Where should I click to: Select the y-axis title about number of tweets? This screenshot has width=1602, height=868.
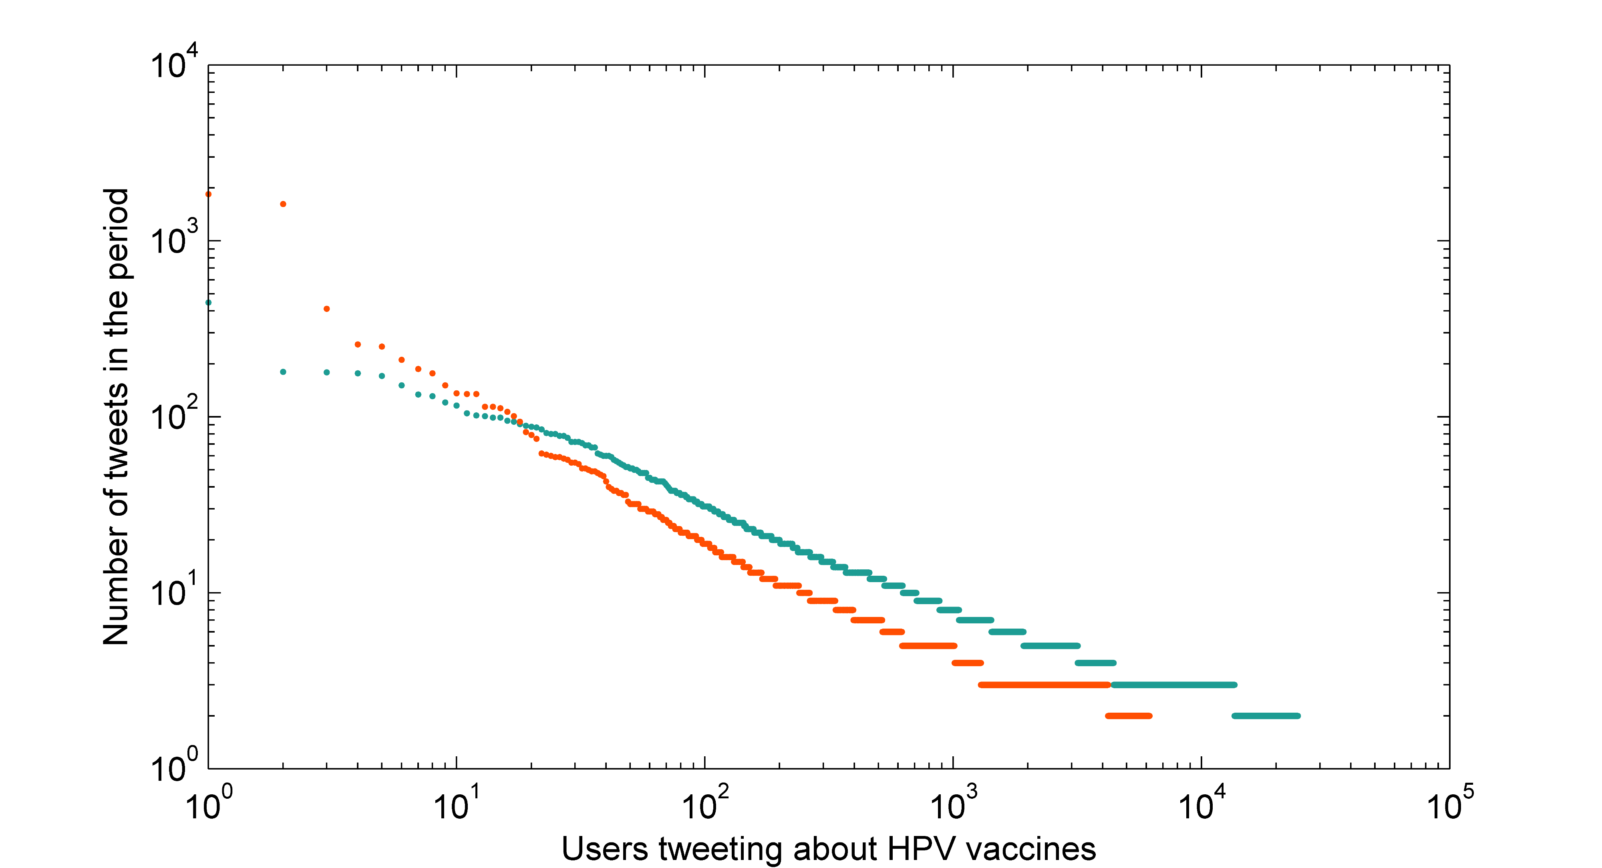(116, 417)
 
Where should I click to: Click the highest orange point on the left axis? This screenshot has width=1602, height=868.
(208, 194)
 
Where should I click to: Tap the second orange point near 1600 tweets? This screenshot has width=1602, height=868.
(283, 204)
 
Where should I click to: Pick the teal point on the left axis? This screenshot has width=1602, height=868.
(208, 303)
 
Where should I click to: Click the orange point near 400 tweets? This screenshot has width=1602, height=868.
(326, 309)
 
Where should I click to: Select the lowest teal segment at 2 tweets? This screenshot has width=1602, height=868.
(1266, 716)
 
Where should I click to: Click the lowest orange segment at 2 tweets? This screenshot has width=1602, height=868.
(1128, 716)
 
